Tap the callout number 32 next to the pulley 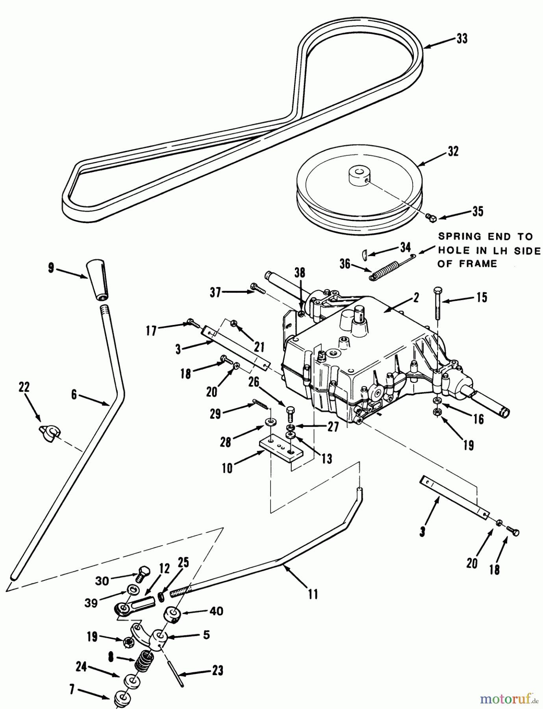[453, 152]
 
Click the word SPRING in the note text [460, 237]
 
